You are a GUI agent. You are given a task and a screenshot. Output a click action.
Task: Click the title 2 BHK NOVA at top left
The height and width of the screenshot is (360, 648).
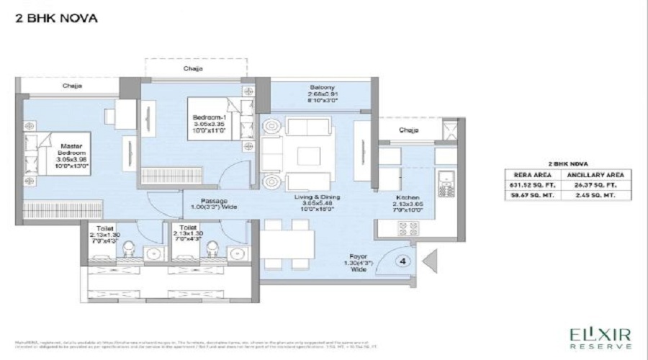point(55,17)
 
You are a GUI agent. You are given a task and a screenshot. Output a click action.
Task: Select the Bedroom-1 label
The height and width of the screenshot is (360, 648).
point(209,124)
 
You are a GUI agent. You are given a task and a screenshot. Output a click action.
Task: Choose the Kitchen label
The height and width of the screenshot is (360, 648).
point(408,204)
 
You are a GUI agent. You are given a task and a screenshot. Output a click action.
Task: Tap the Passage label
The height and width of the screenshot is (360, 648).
point(215,204)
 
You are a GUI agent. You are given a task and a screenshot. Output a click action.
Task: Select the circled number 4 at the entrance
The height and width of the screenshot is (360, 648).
point(404,261)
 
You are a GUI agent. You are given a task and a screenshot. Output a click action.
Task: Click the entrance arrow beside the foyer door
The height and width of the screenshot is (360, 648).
point(426,260)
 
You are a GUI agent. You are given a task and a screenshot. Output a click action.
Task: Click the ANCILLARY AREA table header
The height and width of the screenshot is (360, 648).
point(595,174)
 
